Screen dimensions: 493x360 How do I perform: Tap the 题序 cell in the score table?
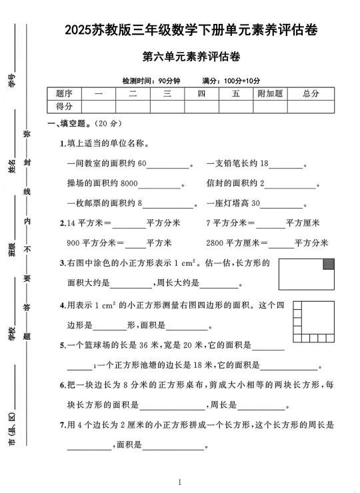[x=64, y=94]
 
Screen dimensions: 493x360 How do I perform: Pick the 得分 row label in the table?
[x=64, y=107]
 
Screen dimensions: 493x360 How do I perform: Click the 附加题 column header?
[x=270, y=94]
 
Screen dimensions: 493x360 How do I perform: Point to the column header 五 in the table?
[x=235, y=94]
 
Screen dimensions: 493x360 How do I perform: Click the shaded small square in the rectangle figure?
[x=328, y=264]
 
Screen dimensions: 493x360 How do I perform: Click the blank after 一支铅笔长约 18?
[x=285, y=165]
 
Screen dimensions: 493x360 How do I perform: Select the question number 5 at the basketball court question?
[x=61, y=346]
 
